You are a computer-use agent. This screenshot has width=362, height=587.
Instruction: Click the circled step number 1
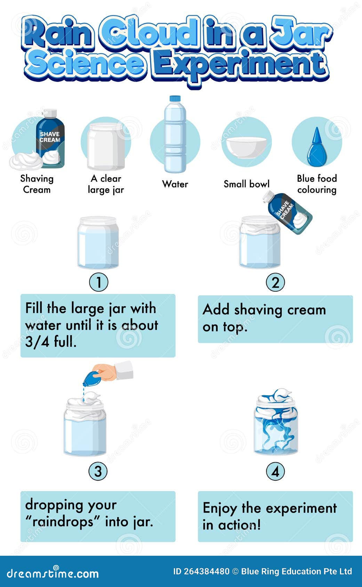pos(99,282)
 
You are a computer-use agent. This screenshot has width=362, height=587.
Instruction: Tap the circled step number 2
pos(275,282)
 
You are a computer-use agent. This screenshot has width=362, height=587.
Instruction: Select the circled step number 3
pos(98,471)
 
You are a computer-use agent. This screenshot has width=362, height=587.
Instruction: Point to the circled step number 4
pos(275,471)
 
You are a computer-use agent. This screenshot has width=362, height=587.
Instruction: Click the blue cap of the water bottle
pos(175,99)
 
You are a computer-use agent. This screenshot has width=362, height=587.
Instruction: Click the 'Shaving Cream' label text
pos(37,184)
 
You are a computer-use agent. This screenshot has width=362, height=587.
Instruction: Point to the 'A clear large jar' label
pos(106,184)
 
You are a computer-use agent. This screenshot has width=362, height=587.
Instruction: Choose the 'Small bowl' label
pos(247,184)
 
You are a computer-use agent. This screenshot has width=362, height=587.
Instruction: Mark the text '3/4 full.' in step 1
pos(51,342)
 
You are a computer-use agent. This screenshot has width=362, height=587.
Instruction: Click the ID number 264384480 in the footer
pos(206,571)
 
